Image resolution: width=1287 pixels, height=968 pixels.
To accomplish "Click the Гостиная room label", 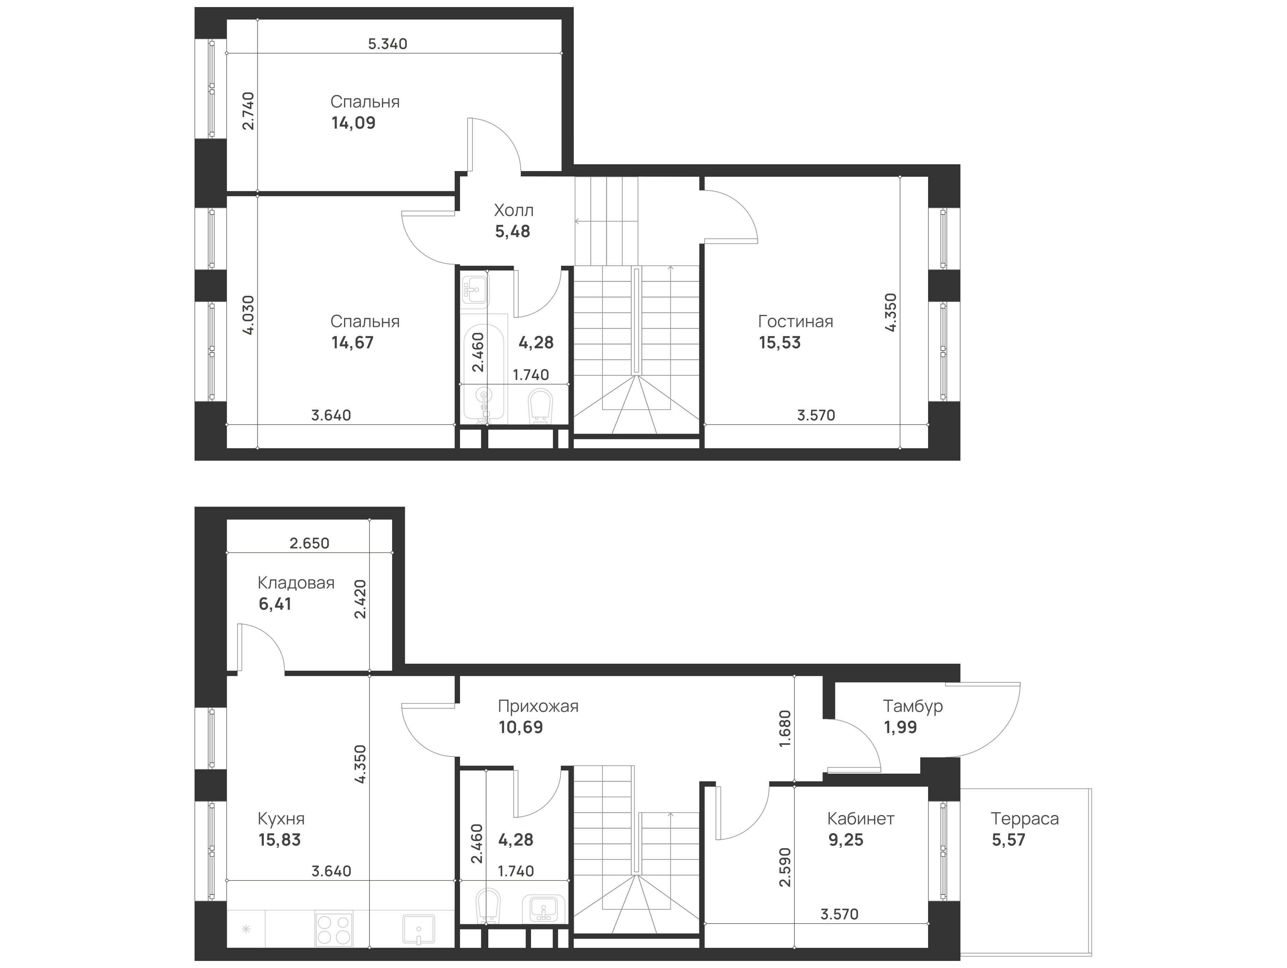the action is point(795,321).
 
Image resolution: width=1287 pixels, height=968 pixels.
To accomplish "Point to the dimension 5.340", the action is point(388,43).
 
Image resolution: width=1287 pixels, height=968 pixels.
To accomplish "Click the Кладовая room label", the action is point(296,582).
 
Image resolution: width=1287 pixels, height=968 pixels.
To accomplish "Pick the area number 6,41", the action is point(275,604).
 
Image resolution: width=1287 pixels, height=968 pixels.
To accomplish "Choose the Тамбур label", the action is point(912,706).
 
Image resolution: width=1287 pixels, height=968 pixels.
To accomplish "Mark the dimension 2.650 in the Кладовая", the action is point(309,543).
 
